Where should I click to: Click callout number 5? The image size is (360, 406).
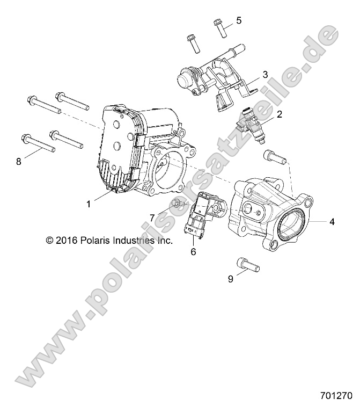[238, 20]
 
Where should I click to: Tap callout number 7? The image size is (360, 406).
[152, 217]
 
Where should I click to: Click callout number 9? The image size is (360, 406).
[230, 279]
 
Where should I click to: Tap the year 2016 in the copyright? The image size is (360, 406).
[66, 241]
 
